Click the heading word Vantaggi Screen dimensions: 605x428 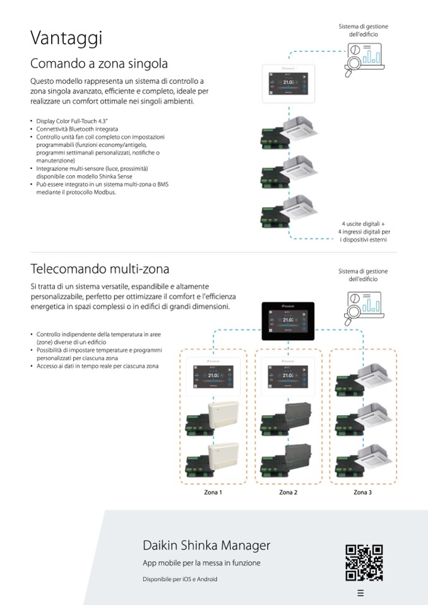pos(66,38)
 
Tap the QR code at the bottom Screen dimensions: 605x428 pos(364,562)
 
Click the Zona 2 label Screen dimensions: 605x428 pos(288,492)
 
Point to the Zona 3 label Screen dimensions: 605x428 pos(362,492)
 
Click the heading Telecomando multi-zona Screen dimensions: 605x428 pos(100,269)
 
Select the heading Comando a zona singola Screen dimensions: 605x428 pos(99,64)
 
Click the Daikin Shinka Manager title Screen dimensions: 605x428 pos(206,545)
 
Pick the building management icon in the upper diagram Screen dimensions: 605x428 pos(363,59)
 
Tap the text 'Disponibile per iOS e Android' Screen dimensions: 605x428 pos(180,579)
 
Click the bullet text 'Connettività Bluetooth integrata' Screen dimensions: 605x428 pos(78,129)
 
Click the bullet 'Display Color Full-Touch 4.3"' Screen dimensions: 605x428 pos(73,121)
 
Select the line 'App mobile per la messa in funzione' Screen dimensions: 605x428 pos(201,563)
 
